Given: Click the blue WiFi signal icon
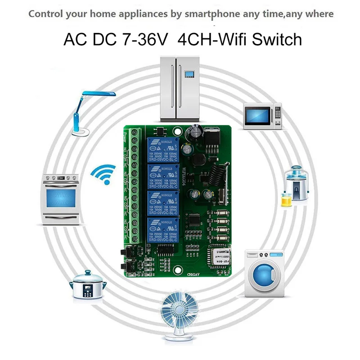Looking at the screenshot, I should point(103,174).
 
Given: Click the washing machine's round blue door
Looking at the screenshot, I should point(264,275).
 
